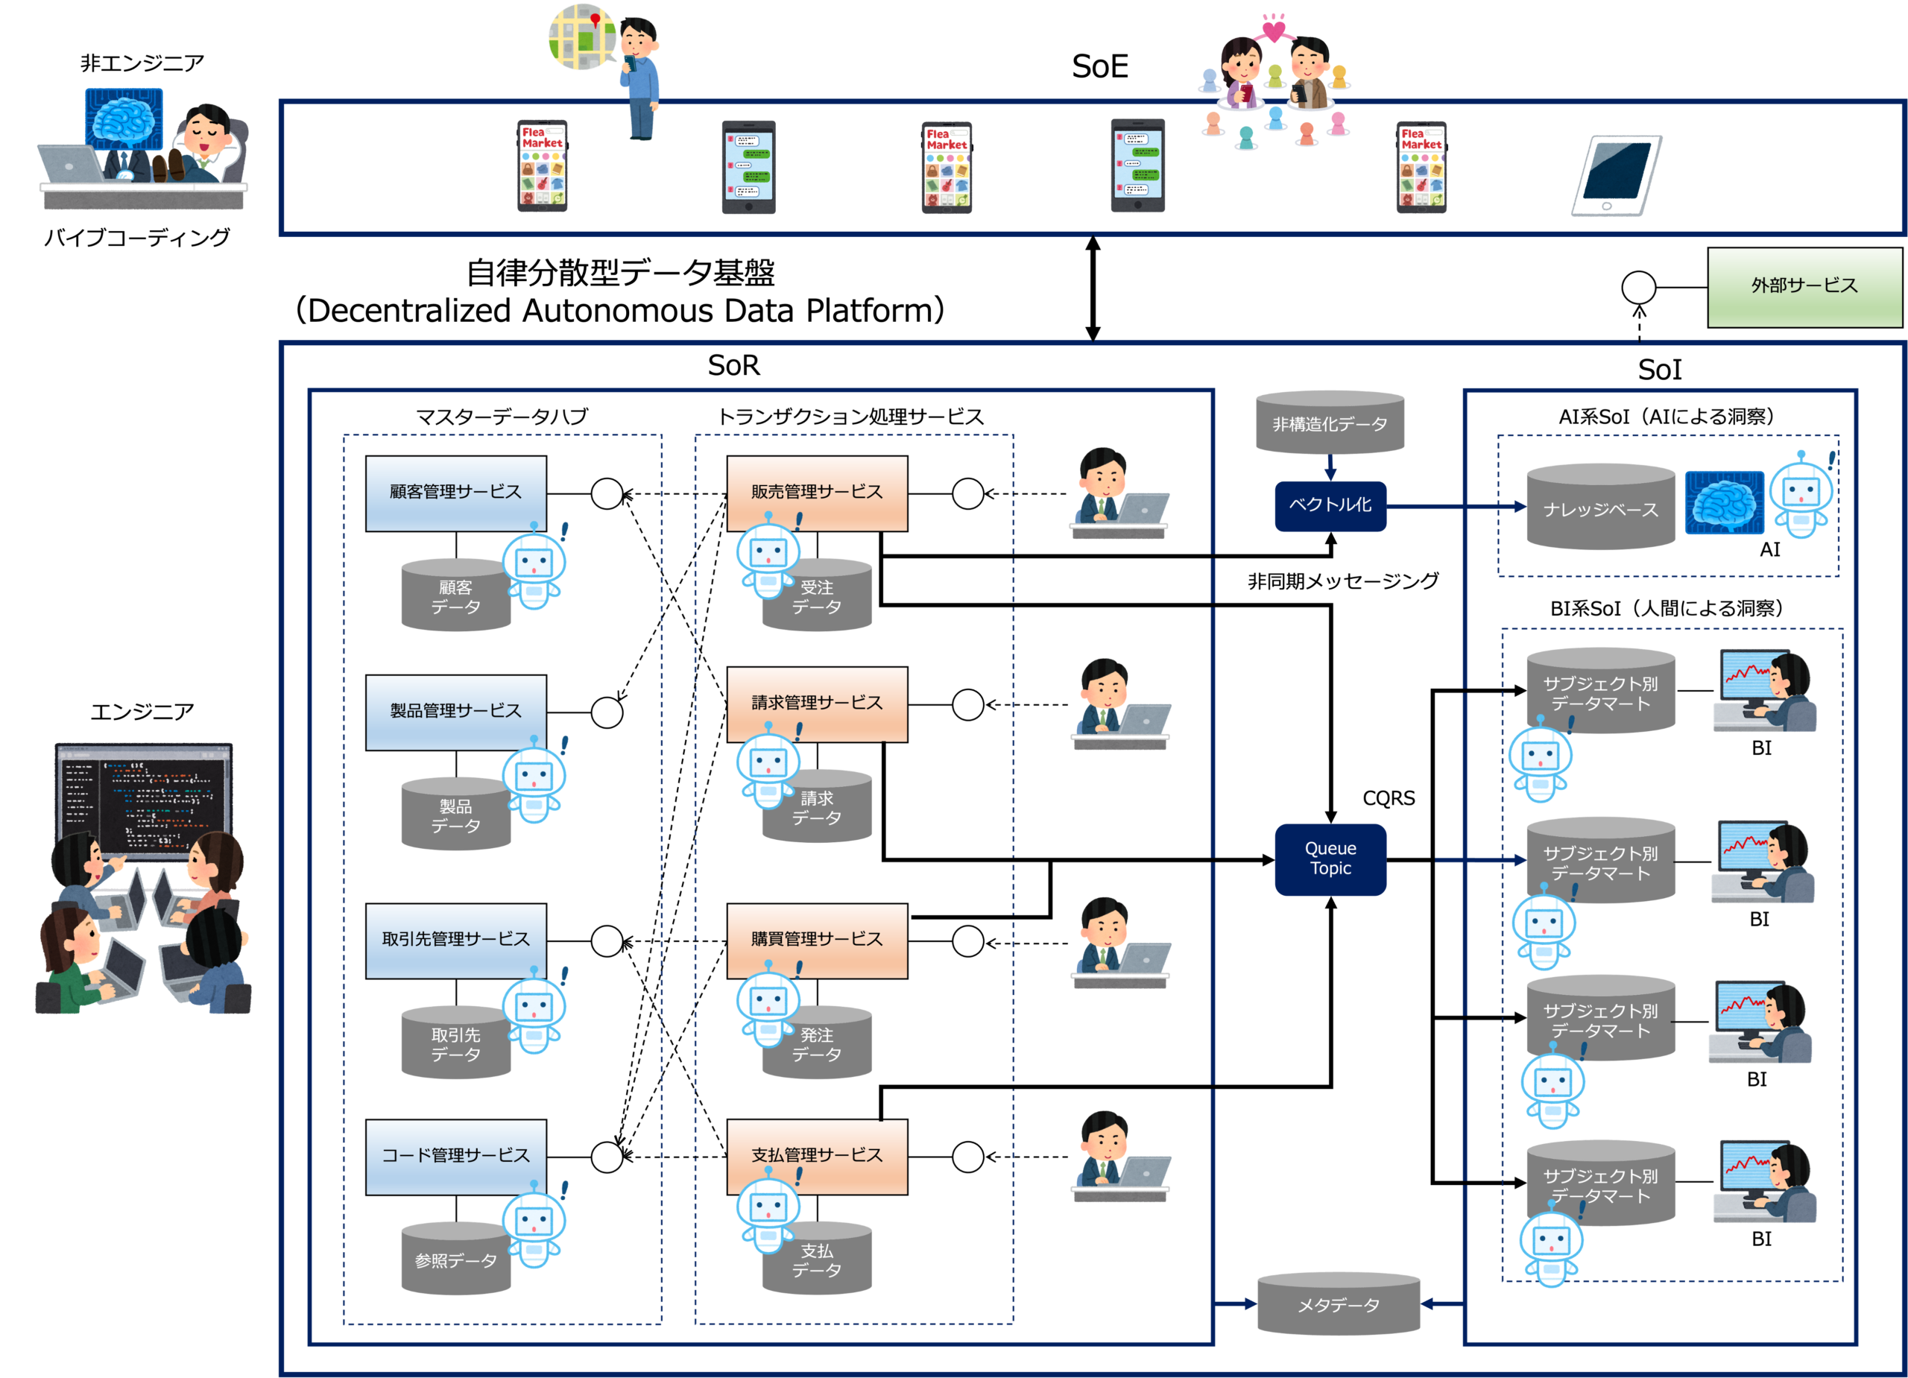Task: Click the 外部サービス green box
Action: click(x=1804, y=286)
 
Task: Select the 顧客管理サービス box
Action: click(x=455, y=492)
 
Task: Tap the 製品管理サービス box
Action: click(x=455, y=711)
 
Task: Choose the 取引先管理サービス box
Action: click(x=455, y=939)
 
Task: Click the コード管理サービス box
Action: click(x=455, y=1155)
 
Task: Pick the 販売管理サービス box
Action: click(x=816, y=492)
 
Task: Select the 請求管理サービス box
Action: click(x=816, y=704)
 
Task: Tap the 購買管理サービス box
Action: click(x=816, y=939)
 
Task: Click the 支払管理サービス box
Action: click(x=816, y=1155)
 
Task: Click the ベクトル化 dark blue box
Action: click(x=1330, y=505)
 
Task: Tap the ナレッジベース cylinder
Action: click(x=1600, y=508)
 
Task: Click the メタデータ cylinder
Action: click(x=1338, y=1304)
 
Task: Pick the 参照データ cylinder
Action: click(x=455, y=1260)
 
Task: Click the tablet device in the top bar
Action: click(x=1616, y=175)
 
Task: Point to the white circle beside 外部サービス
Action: click(x=1638, y=288)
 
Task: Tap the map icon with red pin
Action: click(x=581, y=37)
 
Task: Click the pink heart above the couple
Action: click(x=1274, y=31)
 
